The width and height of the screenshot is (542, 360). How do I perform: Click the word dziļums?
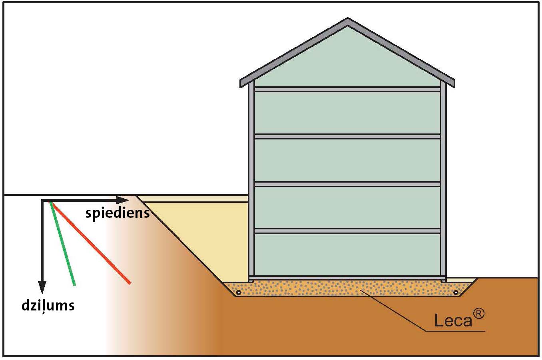click(x=48, y=306)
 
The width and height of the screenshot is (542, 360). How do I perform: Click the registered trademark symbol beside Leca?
click(x=478, y=314)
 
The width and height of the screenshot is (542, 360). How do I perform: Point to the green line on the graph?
click(x=62, y=244)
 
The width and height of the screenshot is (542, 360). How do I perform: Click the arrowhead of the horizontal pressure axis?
click(x=122, y=200)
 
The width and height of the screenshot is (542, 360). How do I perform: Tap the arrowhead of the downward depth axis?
click(x=42, y=287)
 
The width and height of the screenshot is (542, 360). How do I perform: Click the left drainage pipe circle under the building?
click(x=239, y=293)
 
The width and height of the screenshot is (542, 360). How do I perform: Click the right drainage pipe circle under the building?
click(x=456, y=293)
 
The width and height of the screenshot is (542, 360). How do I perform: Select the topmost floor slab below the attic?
click(x=347, y=90)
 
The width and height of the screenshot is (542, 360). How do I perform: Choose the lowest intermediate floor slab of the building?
click(x=347, y=231)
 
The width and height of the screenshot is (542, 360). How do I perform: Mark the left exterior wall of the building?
click(x=251, y=181)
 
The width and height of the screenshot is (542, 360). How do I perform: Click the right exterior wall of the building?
click(x=443, y=181)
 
